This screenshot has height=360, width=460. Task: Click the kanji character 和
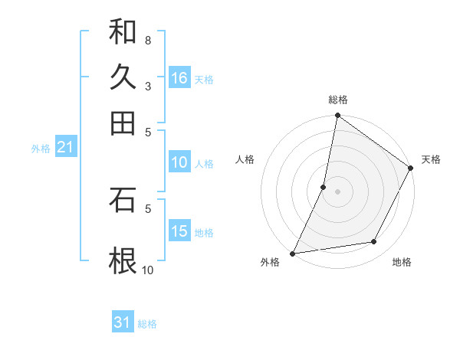coord(123,32)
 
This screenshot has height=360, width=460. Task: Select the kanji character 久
coord(123,77)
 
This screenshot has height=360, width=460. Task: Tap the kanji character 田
coord(123,123)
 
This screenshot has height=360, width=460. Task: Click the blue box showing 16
coord(179,77)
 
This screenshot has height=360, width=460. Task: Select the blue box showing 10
coord(179,162)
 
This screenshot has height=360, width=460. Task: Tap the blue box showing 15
coord(179,231)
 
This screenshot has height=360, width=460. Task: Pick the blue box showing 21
coord(64,148)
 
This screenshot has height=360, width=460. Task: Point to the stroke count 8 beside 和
coord(147,40)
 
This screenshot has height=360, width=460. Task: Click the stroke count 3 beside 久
coord(147,86)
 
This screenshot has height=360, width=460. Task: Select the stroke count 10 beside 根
coord(147,270)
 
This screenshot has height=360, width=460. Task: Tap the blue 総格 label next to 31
coord(147,324)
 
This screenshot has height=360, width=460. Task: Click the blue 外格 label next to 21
coord(41,149)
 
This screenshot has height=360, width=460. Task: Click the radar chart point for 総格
coord(337,116)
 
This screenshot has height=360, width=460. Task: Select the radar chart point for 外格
coord(293,253)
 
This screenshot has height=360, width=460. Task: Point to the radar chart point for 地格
coord(374,242)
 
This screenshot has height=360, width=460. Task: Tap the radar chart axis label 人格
coord(245,159)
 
